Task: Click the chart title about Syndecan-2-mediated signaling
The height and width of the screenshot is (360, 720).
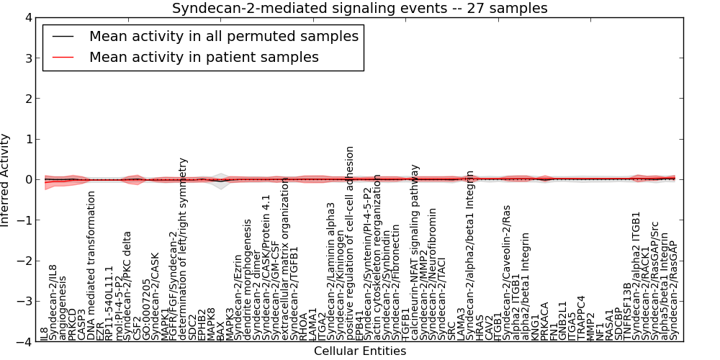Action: (x=359, y=8)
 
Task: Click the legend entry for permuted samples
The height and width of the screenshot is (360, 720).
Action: (x=223, y=36)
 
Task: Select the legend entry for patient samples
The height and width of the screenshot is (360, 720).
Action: (x=204, y=57)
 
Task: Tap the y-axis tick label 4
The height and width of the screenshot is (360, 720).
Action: (x=28, y=17)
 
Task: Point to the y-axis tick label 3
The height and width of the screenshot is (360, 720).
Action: (x=28, y=58)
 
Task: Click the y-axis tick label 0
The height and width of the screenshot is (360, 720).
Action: (x=28, y=179)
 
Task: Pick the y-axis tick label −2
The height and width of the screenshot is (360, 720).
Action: (x=24, y=261)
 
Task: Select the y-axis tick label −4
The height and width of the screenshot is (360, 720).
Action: (x=24, y=342)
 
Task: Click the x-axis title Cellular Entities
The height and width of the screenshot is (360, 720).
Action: (x=359, y=351)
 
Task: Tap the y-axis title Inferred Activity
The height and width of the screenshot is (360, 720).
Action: (x=6, y=179)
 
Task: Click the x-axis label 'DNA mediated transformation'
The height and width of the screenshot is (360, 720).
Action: (x=91, y=270)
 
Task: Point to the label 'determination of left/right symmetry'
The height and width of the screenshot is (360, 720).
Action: (x=183, y=248)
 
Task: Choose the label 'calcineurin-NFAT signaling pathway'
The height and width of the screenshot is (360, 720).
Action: (x=415, y=251)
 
